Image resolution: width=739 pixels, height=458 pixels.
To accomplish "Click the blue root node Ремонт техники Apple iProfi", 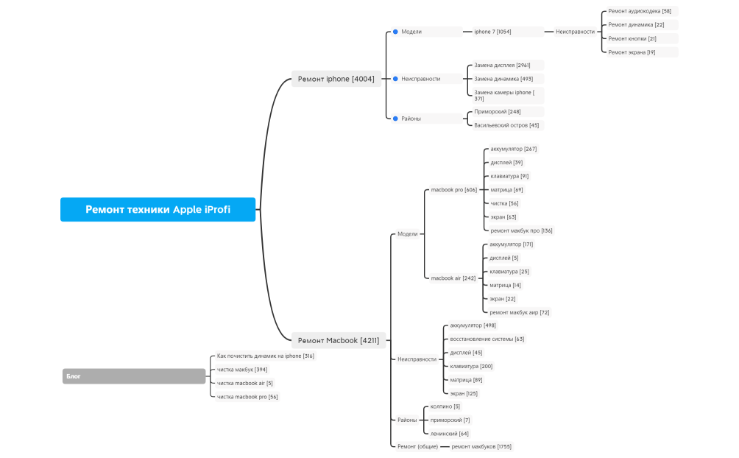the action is pos(158,209).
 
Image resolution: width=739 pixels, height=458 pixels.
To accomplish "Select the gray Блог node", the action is pos(134,376).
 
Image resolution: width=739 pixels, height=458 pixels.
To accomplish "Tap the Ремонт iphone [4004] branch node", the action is pos(336,79).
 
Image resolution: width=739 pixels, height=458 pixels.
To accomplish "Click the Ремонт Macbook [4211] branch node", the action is pos(339,340).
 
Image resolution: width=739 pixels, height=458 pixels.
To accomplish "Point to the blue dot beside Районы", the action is pos(395,119).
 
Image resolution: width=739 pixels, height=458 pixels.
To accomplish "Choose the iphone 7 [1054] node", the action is pos(492,32).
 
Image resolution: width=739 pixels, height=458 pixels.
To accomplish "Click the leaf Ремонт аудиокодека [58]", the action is pos(640,11).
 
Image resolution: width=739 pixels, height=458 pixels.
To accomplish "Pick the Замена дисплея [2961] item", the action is pos(502,65).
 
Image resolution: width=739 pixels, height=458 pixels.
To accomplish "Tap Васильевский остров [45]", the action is pos(506,125).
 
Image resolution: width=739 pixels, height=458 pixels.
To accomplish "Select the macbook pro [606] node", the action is pos(454,190).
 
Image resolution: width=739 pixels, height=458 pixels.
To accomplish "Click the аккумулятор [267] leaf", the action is pos(513,149).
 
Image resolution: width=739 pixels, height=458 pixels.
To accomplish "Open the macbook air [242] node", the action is pos(453,278).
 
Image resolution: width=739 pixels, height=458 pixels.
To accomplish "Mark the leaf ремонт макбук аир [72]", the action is pos(520,312).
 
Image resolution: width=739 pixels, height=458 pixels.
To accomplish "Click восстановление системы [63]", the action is pos(487,339).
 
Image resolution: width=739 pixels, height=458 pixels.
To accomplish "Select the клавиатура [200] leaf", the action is pos(471,366).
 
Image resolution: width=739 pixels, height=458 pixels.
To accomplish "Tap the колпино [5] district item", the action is pos(445,406).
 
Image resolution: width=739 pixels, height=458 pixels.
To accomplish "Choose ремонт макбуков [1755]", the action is pos(481,446).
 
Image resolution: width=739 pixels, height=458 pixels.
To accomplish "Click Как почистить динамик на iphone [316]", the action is pos(265,356).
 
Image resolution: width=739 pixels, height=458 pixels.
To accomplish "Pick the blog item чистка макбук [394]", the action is pos(241,370).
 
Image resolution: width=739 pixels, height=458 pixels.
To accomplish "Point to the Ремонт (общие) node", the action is pos(417,446).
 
